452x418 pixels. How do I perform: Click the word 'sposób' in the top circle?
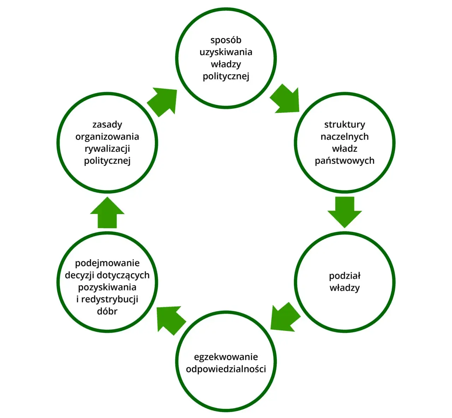pyautogui.click(x=226, y=41)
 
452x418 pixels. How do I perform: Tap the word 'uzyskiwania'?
pyautogui.click(x=226, y=52)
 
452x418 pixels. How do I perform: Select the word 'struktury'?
pyautogui.click(x=344, y=125)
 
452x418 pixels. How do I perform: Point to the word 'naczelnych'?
pyautogui.click(x=344, y=137)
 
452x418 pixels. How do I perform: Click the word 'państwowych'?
pyautogui.click(x=344, y=161)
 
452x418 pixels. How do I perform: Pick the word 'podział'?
pyautogui.click(x=345, y=276)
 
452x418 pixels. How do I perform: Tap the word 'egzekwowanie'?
pyautogui.click(x=226, y=357)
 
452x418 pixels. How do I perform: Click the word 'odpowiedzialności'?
pyautogui.click(x=226, y=369)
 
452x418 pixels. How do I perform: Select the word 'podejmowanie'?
pyautogui.click(x=107, y=263)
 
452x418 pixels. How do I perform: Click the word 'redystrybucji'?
pyautogui.click(x=110, y=299)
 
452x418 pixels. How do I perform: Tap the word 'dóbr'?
pyautogui.click(x=107, y=311)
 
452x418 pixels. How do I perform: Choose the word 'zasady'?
pyautogui.click(x=107, y=125)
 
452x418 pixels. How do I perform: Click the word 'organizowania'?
pyautogui.click(x=107, y=137)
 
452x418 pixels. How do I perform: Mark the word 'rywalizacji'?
pyautogui.click(x=107, y=149)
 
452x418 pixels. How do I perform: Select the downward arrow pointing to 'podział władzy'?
pyautogui.click(x=345, y=212)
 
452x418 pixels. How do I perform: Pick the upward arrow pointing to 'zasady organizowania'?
pyautogui.click(x=107, y=213)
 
